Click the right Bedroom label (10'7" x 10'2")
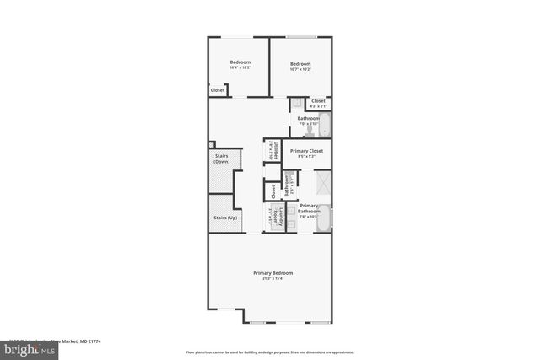pos(300,65)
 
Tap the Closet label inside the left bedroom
pos(218,90)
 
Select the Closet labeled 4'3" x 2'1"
pos(318,103)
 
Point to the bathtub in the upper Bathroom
pos(326,126)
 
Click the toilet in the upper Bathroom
pos(310,132)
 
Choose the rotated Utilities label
pos(272,151)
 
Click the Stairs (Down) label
pos(222,159)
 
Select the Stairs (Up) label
pos(224,218)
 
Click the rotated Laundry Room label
pos(273,217)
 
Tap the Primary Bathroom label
pos(309,211)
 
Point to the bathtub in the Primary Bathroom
pos(325,217)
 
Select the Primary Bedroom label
pos(273,273)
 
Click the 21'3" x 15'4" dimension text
pos(273,279)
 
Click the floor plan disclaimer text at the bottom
pos(270,352)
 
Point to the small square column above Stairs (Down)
pos(212,144)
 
